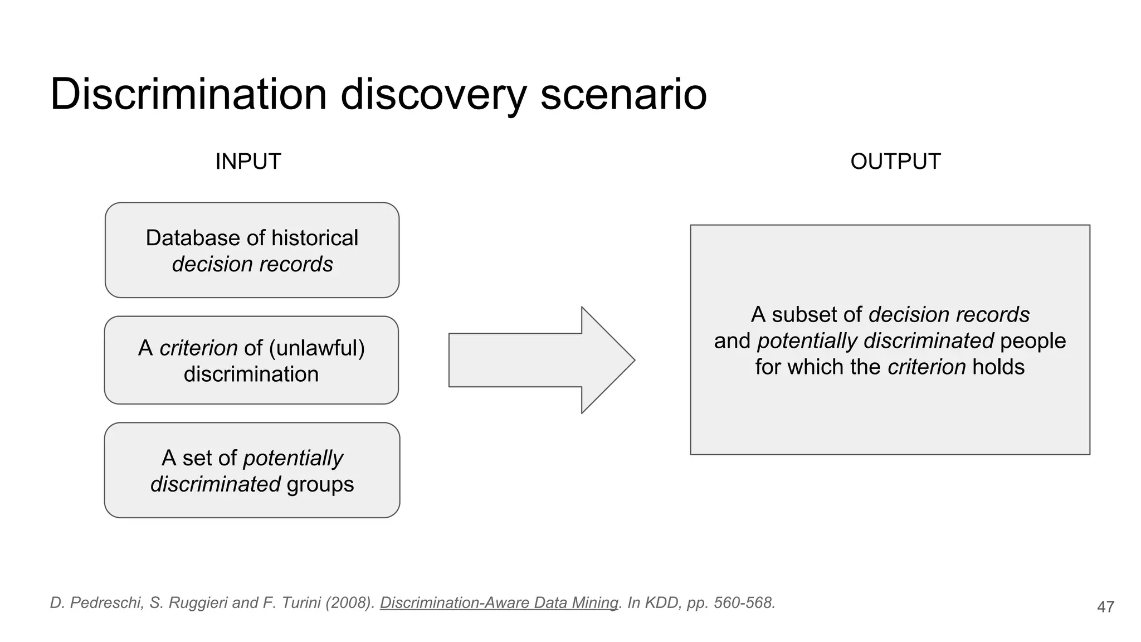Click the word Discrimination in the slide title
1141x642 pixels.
tap(188, 94)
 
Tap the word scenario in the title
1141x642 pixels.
tap(623, 94)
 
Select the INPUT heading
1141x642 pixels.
tap(248, 162)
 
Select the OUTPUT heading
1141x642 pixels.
tap(895, 162)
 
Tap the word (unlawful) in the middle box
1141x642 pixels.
tap(316, 348)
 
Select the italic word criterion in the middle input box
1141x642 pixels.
tap(198, 348)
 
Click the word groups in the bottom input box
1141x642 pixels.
tap(320, 484)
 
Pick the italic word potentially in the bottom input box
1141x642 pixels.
tap(293, 458)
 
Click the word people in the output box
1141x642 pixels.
tap(1032, 341)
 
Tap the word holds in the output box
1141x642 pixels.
tap(998, 367)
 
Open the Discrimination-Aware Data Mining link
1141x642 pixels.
tap(499, 603)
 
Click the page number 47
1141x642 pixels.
tap(1105, 607)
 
